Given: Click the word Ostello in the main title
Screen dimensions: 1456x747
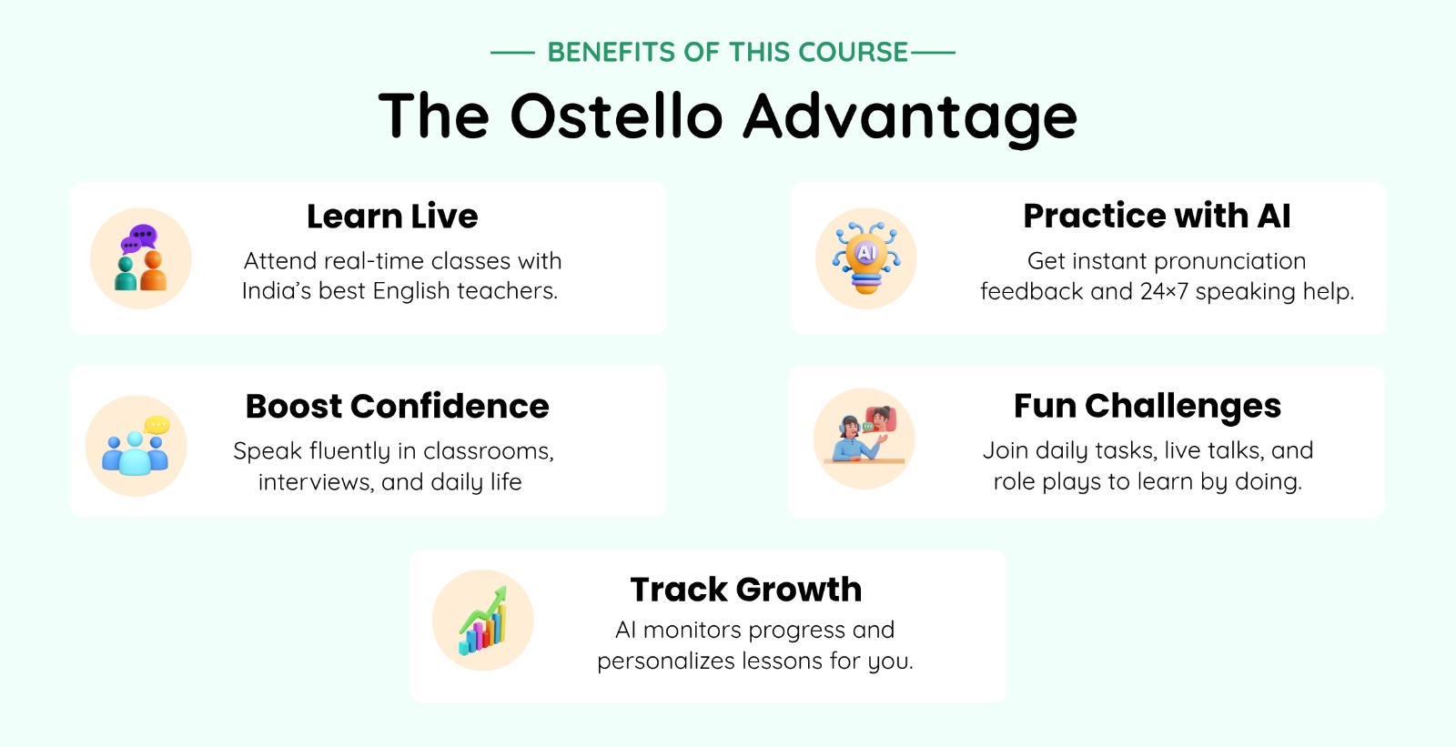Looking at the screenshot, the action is point(616,116).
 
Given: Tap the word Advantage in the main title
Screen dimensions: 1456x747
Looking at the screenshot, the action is point(910,119).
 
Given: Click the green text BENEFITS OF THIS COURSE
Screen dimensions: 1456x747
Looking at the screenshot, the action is point(727,52).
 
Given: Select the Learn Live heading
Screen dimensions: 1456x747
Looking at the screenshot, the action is point(392,216).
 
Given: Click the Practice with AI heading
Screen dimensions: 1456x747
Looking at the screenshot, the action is point(1157,216).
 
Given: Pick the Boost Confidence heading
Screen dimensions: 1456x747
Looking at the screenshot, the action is point(397,407).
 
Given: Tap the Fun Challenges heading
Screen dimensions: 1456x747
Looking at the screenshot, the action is point(1148,407).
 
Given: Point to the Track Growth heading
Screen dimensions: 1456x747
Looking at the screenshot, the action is point(745,590).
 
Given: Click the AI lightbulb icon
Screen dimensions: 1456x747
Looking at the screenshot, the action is point(865,258).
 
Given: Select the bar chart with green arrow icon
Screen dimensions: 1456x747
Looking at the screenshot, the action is point(483,621).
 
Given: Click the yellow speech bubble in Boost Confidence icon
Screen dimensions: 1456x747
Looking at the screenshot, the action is point(157,425).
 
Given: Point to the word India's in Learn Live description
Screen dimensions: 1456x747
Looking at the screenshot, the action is point(277,290).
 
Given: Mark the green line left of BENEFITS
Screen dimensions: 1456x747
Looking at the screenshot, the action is point(512,52).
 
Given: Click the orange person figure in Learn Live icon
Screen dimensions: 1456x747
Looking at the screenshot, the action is point(154,271).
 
